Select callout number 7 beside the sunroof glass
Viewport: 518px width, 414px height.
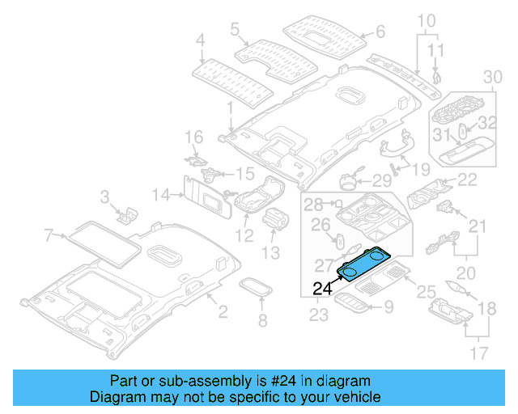pos(48,235)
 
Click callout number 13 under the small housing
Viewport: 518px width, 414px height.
pos(270,253)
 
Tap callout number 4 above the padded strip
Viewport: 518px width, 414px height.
pos(201,38)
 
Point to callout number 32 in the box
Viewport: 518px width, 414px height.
pos(486,123)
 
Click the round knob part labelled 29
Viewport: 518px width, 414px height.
pos(353,180)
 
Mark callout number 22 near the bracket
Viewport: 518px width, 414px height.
pos(468,180)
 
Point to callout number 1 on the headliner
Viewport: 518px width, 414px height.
pos(229,106)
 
